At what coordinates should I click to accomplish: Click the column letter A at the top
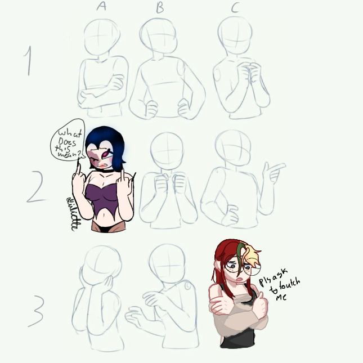101,6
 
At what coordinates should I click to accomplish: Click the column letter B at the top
159,7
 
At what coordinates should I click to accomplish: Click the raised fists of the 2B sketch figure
169,183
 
